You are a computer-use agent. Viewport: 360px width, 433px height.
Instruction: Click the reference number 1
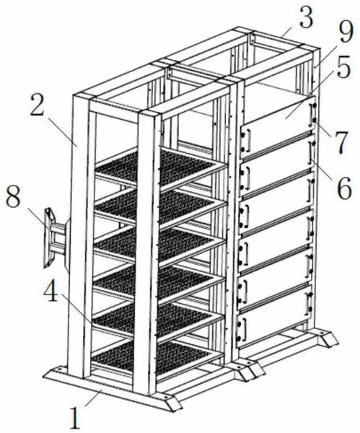74,419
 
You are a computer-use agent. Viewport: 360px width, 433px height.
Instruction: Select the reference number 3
305,17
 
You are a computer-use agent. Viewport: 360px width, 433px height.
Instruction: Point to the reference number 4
51,291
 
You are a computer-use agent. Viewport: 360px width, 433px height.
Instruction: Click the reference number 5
343,67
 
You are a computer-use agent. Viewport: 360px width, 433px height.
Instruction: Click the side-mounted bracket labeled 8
56,237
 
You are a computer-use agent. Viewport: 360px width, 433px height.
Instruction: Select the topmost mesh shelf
157,168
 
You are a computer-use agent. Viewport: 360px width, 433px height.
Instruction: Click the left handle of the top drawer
247,141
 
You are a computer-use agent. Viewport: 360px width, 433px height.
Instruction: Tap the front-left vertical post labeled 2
78,235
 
